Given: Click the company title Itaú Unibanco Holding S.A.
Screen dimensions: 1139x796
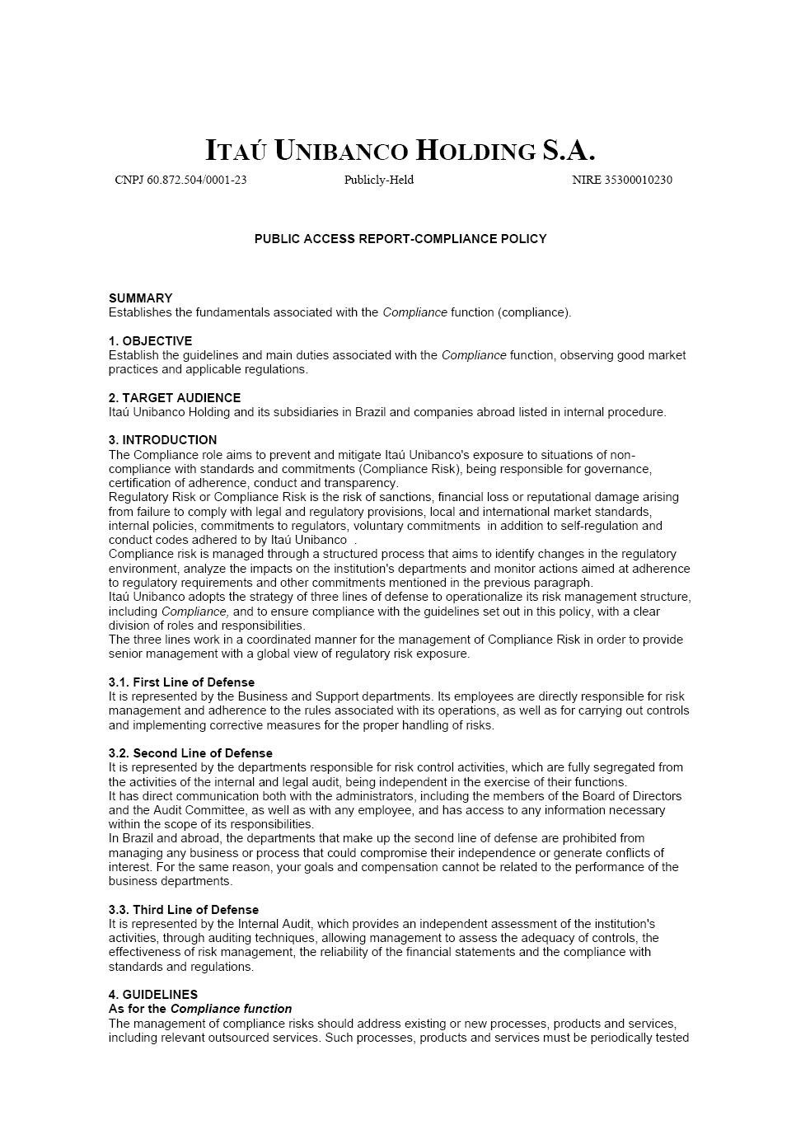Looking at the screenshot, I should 400,151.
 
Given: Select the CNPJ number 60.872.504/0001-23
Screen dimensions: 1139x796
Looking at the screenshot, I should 180,180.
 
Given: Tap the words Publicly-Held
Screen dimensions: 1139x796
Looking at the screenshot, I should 379,180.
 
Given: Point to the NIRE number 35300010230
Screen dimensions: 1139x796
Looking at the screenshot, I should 622,180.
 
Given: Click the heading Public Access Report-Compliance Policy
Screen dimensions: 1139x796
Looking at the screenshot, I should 400,239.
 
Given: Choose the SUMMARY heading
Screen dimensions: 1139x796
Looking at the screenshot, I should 141,298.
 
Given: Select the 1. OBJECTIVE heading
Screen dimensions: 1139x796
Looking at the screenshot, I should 150,341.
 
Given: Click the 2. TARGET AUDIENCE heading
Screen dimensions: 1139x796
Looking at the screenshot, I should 175,398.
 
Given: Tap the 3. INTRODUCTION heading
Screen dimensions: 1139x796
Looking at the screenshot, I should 162,440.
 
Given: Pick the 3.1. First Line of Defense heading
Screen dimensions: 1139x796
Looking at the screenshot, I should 181,682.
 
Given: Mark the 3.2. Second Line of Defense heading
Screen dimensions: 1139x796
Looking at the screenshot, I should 190,753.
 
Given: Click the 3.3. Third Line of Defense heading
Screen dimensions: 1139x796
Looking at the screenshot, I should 184,910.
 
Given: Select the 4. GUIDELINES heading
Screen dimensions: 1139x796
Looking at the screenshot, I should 153,995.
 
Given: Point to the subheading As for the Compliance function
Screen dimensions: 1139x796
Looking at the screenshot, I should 200,1009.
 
